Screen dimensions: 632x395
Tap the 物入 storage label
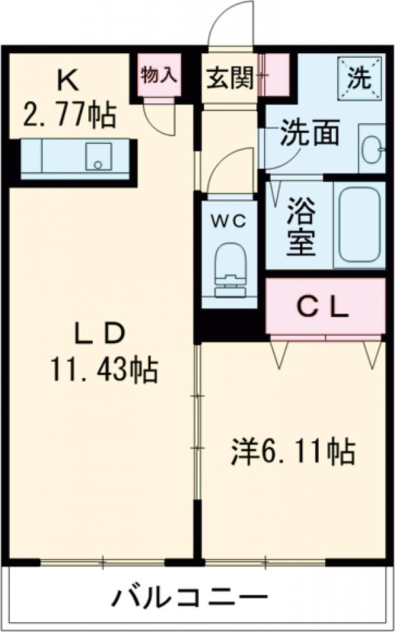pyautogui.click(x=159, y=74)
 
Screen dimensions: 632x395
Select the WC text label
pyautogui.click(x=228, y=221)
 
